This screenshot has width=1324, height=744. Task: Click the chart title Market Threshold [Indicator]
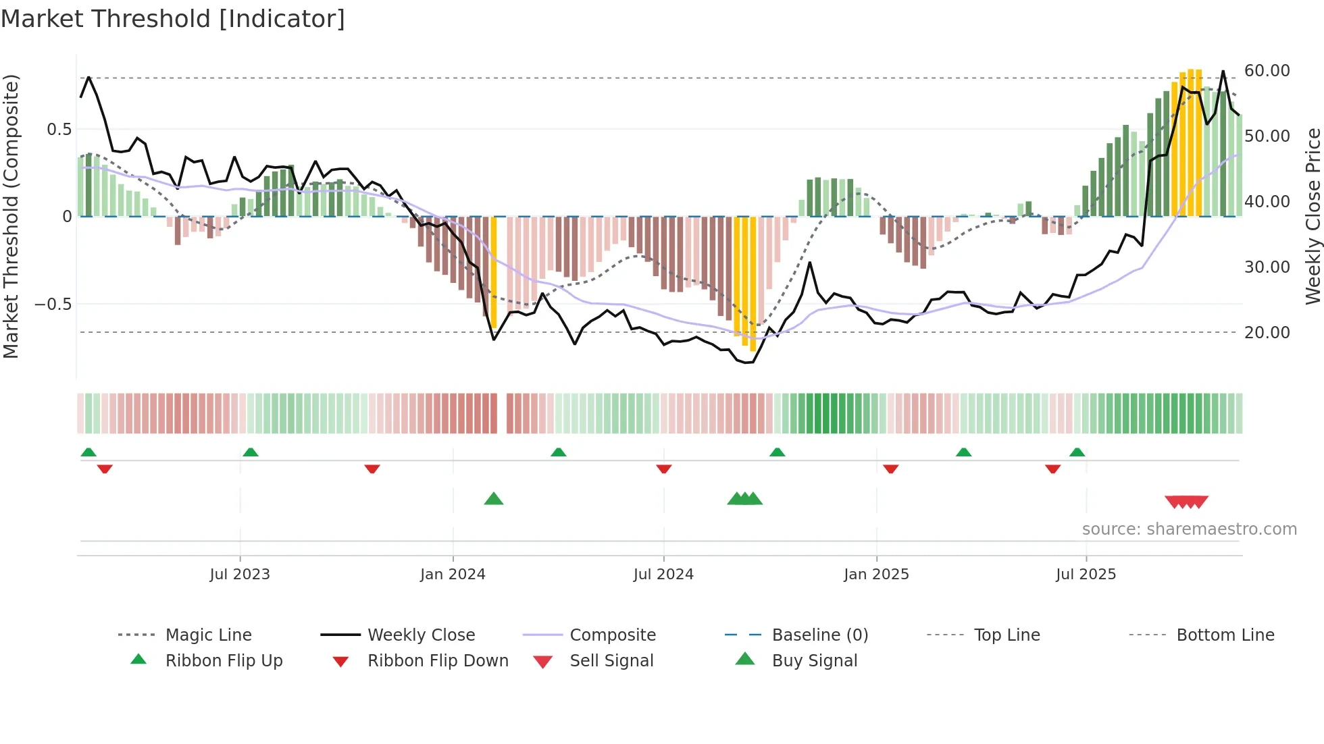coord(173,19)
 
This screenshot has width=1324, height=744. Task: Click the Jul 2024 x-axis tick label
coord(663,575)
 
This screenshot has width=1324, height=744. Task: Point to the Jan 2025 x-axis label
coord(876,575)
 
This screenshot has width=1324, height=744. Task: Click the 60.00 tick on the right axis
coord(1267,71)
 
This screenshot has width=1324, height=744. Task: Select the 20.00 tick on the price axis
coord(1267,333)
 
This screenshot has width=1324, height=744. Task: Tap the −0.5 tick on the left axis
coord(53,304)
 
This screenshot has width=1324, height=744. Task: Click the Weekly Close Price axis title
coord(1313,216)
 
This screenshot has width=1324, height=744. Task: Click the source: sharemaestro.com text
coord(1189,529)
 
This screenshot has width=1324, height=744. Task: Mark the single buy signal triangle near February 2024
coord(494,499)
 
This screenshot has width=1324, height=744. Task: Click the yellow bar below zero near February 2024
coord(494,270)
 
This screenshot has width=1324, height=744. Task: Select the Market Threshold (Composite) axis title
coord(11,216)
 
